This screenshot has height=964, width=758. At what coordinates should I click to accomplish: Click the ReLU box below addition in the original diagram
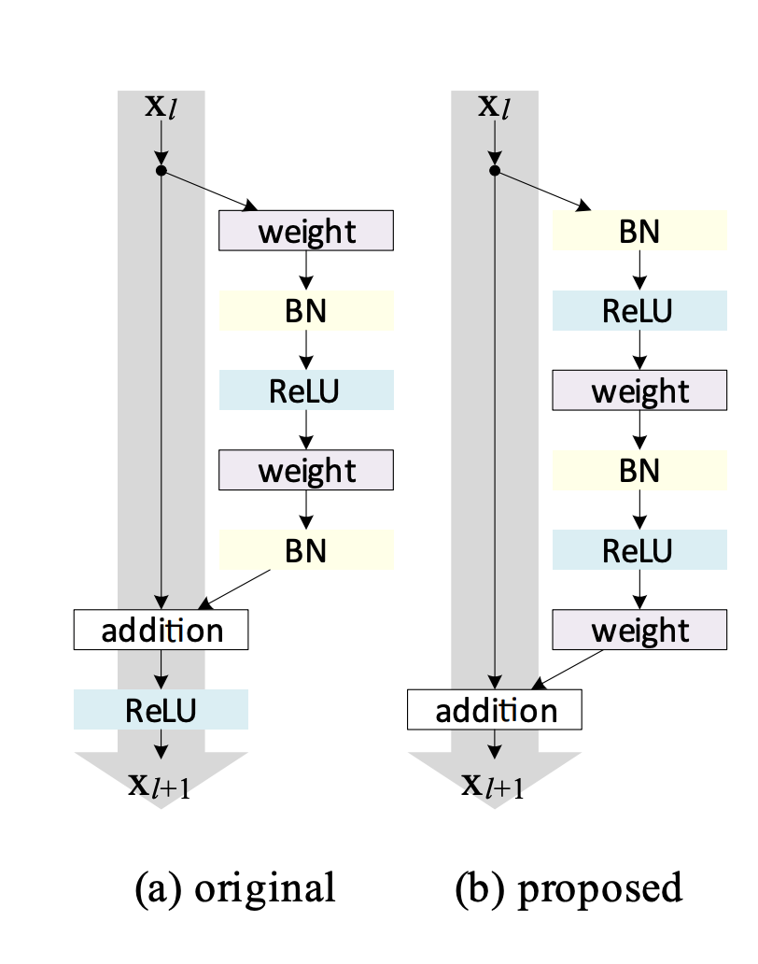click(161, 710)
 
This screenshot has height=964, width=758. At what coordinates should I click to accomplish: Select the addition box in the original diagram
click(161, 631)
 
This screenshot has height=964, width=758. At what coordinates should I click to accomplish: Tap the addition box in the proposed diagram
click(495, 710)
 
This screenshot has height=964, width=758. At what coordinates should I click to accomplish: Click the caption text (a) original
click(235, 887)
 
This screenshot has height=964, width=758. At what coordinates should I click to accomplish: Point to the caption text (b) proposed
click(568, 887)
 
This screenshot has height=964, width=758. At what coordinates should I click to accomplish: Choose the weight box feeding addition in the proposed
click(639, 631)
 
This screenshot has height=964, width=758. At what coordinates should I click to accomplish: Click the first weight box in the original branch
click(306, 231)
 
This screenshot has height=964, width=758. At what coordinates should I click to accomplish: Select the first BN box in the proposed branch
click(639, 231)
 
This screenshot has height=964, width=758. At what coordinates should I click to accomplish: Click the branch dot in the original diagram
click(161, 171)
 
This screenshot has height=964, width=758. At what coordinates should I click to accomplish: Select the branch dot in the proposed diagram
click(495, 171)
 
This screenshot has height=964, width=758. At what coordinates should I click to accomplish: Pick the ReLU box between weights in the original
click(306, 390)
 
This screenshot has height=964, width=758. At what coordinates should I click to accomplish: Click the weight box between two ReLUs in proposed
click(639, 390)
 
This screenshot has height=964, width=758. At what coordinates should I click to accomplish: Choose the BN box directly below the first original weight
click(306, 310)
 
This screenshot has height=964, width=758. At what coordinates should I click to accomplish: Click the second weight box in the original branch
click(306, 470)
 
